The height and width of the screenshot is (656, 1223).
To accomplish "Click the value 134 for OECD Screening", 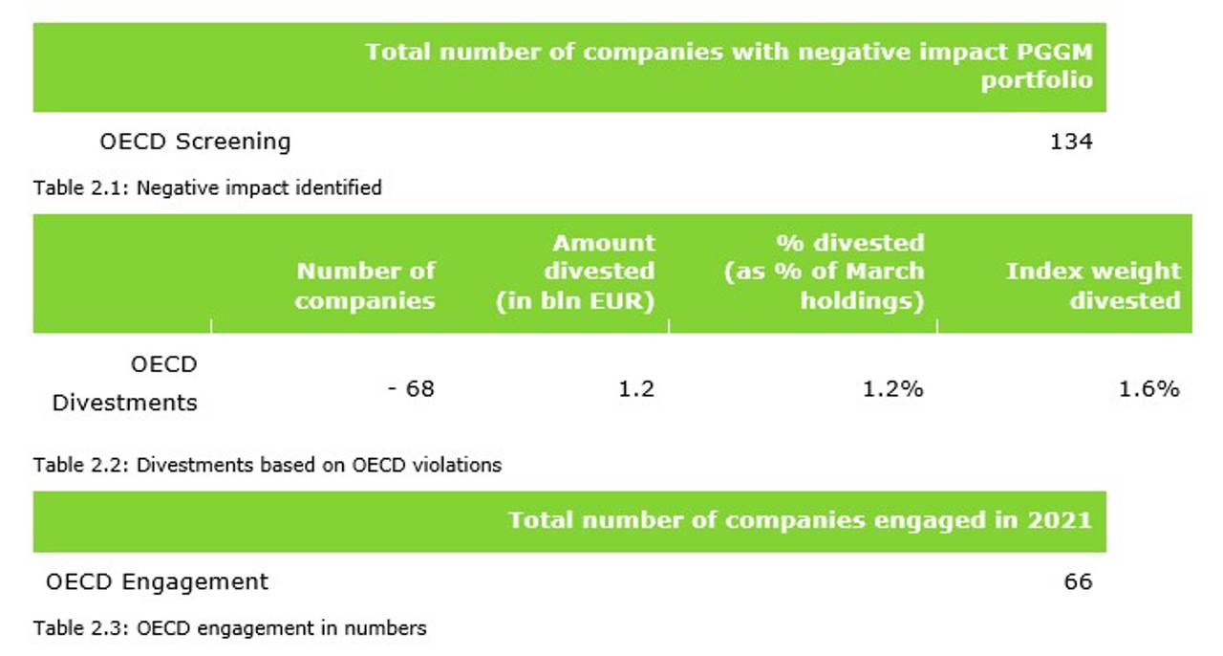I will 1070,142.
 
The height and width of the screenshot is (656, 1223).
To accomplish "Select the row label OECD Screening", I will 195,142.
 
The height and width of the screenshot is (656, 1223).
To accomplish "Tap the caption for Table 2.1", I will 207,187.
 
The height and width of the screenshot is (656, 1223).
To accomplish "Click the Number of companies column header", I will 365,285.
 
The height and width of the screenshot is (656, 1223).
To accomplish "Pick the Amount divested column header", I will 575,272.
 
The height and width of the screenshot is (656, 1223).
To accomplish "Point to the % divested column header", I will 825,272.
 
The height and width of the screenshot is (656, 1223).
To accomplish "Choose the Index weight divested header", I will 1093,285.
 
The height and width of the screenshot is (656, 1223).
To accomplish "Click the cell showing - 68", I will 411,389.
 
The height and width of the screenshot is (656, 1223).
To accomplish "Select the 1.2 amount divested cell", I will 637,389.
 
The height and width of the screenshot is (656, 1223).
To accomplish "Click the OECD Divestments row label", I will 125,383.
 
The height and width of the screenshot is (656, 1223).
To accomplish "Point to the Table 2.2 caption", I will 268,466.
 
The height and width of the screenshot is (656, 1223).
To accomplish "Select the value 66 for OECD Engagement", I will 1077,581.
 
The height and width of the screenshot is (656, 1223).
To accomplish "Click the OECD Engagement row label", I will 157,581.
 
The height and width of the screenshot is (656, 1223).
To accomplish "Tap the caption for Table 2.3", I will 230,628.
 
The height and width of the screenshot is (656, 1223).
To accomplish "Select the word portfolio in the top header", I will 1036,79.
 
